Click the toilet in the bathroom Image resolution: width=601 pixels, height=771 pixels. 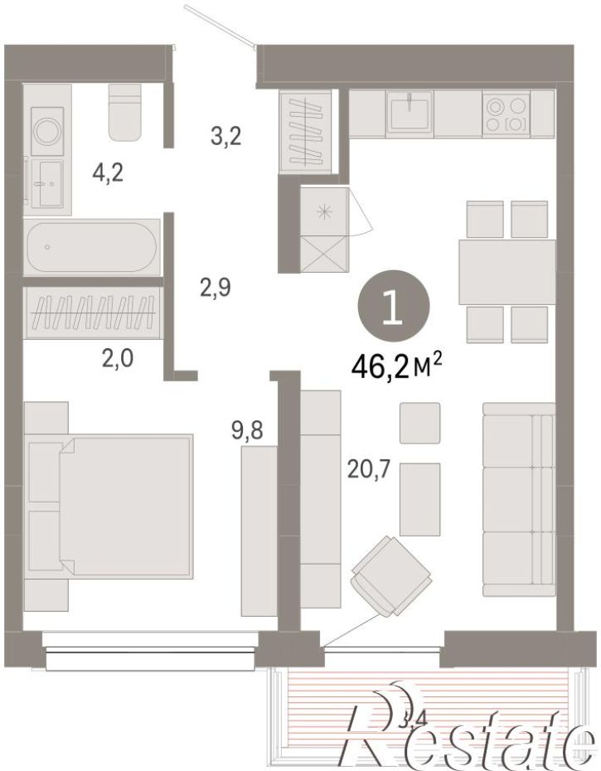coord(125,111)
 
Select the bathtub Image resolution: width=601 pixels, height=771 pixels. coord(92,247)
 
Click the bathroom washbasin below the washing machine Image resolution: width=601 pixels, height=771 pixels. coord(47,183)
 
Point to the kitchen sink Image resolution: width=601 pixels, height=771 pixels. coord(410,111)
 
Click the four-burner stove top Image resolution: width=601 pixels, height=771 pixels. coord(506,114)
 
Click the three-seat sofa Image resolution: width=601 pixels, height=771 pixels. coord(519,500)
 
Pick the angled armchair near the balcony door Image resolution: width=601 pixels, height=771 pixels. coord(391,575)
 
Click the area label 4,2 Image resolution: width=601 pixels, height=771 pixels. coord(108,173)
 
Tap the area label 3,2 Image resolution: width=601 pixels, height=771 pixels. coord(225,136)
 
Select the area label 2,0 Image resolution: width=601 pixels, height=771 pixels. coord(118,359)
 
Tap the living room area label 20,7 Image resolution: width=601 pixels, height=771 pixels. coord(368,470)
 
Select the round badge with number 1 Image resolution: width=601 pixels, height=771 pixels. coord(395,307)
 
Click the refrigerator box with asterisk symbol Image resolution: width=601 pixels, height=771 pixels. coord(324,211)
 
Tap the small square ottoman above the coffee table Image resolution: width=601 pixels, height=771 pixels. coord(419,423)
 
